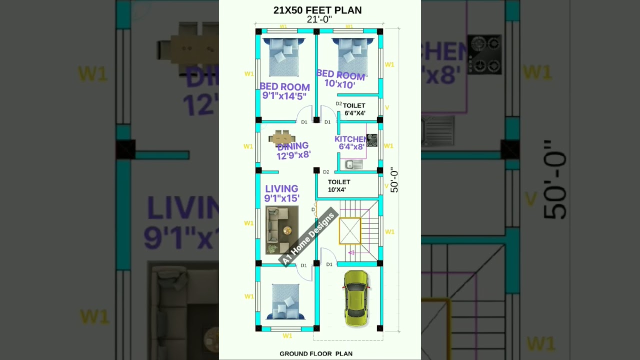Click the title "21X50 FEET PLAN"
[x=317, y=10]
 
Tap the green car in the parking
[x=356, y=299]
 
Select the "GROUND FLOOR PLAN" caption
[x=316, y=353]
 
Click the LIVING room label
[x=282, y=193]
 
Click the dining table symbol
[x=282, y=137]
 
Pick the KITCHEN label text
[x=350, y=139]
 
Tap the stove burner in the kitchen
[x=371, y=140]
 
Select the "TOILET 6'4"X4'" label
[x=354, y=109]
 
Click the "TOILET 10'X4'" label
[x=339, y=185]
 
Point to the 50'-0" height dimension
[x=394, y=180]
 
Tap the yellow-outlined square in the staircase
[x=350, y=231]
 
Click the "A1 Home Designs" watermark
[x=308, y=238]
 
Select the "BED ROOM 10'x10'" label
[x=340, y=79]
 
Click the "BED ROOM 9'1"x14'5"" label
[x=285, y=91]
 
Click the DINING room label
[x=293, y=150]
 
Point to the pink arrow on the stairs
[x=351, y=252]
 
